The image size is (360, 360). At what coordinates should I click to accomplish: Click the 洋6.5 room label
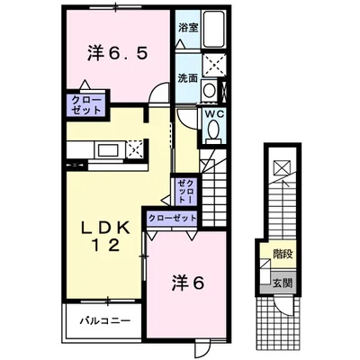(x=118, y=54)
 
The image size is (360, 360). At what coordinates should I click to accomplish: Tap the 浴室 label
(x=188, y=28)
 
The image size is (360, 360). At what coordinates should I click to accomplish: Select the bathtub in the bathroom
(x=213, y=29)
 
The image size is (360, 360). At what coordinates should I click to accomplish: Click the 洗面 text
(x=188, y=78)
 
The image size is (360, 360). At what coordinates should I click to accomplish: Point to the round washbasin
(x=209, y=89)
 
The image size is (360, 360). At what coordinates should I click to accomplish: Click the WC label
(x=214, y=114)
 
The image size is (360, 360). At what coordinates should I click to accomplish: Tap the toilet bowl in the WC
(x=213, y=129)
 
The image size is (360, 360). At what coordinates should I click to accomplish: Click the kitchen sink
(x=108, y=149)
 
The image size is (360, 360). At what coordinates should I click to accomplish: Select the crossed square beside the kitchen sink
(x=134, y=149)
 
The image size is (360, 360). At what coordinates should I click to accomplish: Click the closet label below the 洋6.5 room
(x=86, y=105)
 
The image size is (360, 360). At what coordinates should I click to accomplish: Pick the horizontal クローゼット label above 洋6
(x=172, y=218)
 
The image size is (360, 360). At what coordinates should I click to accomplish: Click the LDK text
(x=106, y=229)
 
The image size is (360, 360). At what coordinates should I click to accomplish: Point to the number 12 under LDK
(x=106, y=246)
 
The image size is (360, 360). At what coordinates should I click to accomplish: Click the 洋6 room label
(x=188, y=283)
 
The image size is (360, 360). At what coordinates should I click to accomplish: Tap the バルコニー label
(x=105, y=321)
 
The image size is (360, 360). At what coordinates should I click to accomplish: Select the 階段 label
(x=283, y=255)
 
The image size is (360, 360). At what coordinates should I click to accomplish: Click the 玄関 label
(x=282, y=283)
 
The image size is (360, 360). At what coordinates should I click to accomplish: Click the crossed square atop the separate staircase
(x=282, y=168)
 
